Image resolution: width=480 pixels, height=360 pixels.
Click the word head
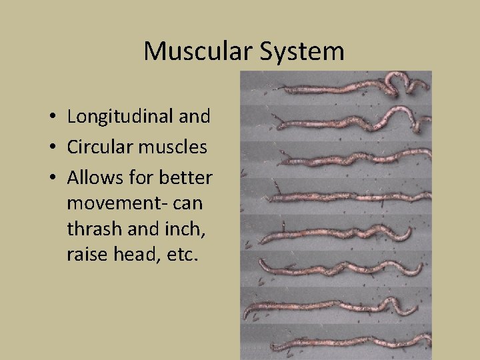tap(135, 254)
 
